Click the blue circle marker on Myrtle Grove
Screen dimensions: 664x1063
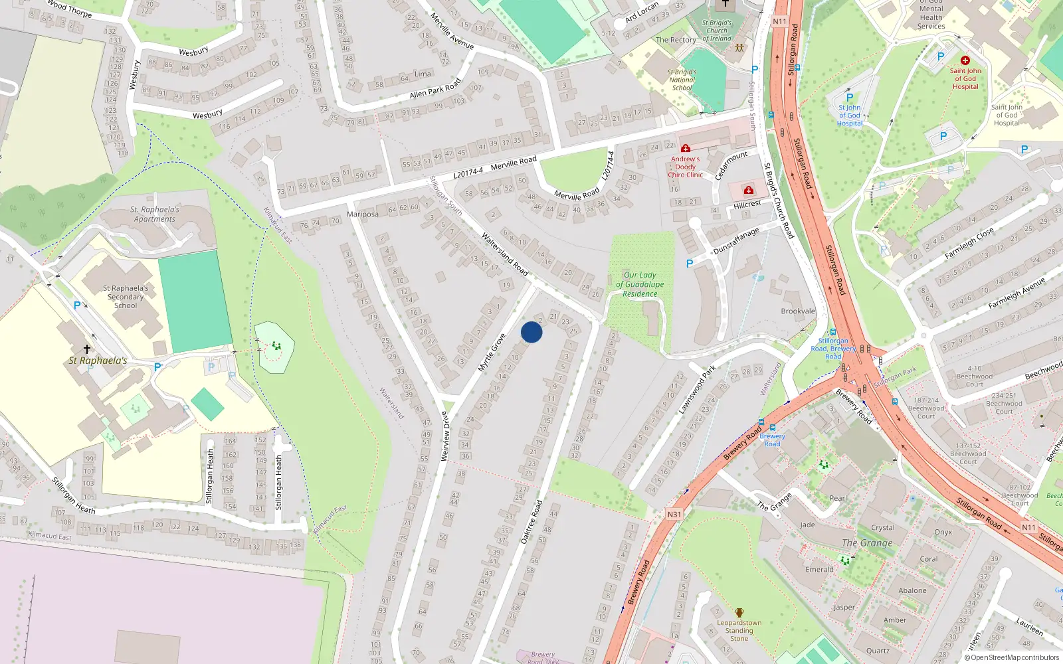(531, 332)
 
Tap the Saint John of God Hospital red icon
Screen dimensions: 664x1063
(965, 60)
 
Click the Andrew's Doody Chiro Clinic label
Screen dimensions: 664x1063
(685, 167)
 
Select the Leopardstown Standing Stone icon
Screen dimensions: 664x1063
(739, 613)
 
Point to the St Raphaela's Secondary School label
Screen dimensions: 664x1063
(126, 297)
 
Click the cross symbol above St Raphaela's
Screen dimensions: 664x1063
(86, 349)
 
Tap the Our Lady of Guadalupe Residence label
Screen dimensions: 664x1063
(640, 284)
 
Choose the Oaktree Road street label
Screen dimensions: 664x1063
(531, 522)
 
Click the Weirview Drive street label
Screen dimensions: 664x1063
(446, 436)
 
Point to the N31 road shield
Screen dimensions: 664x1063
(674, 515)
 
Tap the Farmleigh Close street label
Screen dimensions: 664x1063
(969, 243)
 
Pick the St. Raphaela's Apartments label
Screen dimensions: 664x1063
(155, 214)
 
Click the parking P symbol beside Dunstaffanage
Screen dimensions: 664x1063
(690, 264)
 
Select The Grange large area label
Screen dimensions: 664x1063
(867, 542)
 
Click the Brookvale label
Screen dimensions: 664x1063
(798, 311)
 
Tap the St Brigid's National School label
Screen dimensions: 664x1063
(682, 80)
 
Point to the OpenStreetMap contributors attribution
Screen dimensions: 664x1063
(1012, 657)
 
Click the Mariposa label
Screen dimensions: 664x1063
(363, 214)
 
